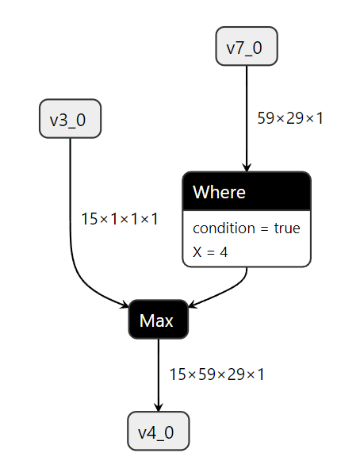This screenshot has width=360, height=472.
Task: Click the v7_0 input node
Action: coord(247,47)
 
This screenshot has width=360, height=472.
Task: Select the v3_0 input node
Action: coord(70,119)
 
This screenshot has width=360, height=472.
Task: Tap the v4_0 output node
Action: coord(158,432)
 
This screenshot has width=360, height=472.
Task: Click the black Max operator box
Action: coord(158,320)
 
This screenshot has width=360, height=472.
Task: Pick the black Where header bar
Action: coord(247,192)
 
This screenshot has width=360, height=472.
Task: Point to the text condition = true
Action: coord(247,228)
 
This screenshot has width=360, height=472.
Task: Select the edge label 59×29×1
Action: coord(290,118)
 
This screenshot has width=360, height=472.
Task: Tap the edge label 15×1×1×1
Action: coord(119,218)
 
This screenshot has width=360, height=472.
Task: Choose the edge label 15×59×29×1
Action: coord(216,374)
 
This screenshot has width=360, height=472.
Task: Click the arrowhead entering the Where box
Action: coord(247,167)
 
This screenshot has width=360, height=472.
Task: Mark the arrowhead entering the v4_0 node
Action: coord(158,407)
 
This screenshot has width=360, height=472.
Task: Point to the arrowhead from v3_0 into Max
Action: coord(124,305)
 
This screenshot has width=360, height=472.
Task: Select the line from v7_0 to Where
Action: coord(247,111)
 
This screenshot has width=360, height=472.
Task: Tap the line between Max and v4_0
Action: coord(158,369)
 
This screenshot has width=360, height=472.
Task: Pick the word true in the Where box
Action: coord(286,228)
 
